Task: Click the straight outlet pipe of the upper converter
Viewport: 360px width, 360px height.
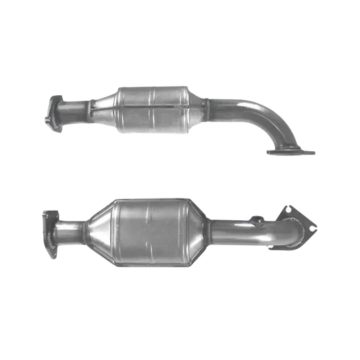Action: pyautogui.click(x=230, y=107)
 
